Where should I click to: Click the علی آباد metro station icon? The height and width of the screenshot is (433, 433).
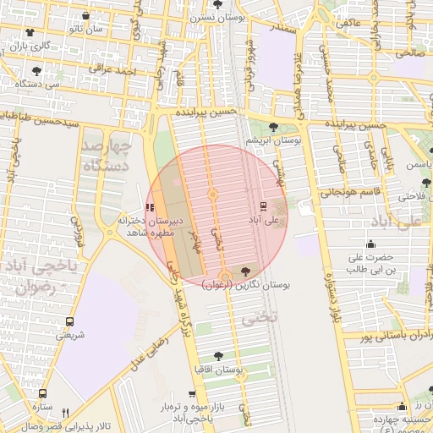(x=263, y=206)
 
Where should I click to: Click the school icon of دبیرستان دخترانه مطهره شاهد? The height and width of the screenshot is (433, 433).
(x=151, y=207)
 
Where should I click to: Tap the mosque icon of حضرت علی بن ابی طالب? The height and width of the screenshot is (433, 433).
(x=370, y=244)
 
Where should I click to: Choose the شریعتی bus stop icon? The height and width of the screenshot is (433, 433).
(x=69, y=322)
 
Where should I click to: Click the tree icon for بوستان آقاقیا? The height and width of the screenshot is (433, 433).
(x=219, y=357)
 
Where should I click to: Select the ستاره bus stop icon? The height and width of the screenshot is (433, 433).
(x=42, y=394)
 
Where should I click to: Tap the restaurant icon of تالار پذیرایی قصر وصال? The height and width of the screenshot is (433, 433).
(x=65, y=413)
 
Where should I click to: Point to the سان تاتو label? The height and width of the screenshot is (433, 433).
(x=86, y=29)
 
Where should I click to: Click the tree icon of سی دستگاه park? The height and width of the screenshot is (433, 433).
(x=36, y=71)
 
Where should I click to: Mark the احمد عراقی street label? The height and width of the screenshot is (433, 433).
(x=112, y=69)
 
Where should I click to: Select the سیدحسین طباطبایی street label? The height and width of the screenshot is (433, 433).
(x=51, y=120)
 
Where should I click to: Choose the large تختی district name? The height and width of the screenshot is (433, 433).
(x=254, y=320)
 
